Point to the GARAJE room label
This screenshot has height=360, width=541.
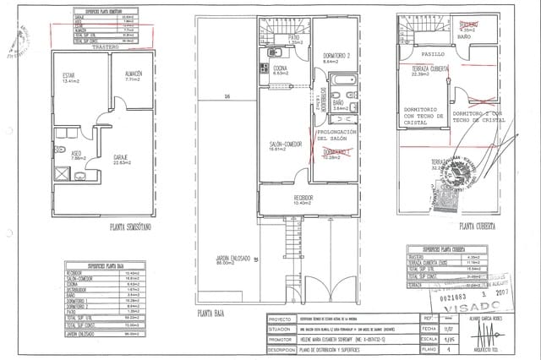[121, 159]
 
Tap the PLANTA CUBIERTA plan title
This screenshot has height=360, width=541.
[477, 226]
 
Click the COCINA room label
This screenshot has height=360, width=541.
[281, 69]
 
